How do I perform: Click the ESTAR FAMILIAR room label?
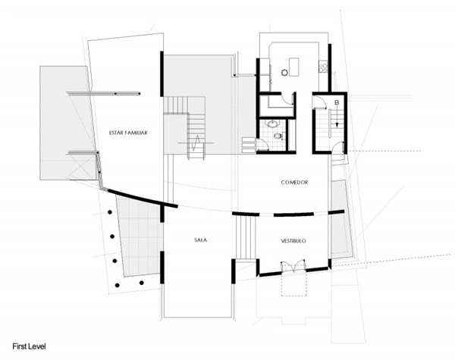click(x=128, y=133)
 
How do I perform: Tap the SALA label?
click(x=200, y=240)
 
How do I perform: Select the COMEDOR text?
click(x=294, y=182)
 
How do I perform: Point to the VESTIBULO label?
click(x=293, y=241)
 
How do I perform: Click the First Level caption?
click(x=29, y=346)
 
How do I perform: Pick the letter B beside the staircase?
click(x=337, y=102)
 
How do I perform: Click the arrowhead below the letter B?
click(x=337, y=125)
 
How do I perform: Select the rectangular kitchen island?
click(x=294, y=67)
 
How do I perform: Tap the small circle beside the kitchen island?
click(x=284, y=73)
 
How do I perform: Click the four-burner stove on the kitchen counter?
click(x=323, y=67)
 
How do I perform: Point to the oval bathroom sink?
click(x=272, y=124)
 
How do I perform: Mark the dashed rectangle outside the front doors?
click(x=294, y=284)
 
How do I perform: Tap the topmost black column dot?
click(x=110, y=212)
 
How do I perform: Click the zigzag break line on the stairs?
click(x=196, y=142)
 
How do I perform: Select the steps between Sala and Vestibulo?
click(x=246, y=237)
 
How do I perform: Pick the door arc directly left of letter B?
click(x=320, y=102)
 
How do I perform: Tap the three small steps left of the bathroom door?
click(x=249, y=145)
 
